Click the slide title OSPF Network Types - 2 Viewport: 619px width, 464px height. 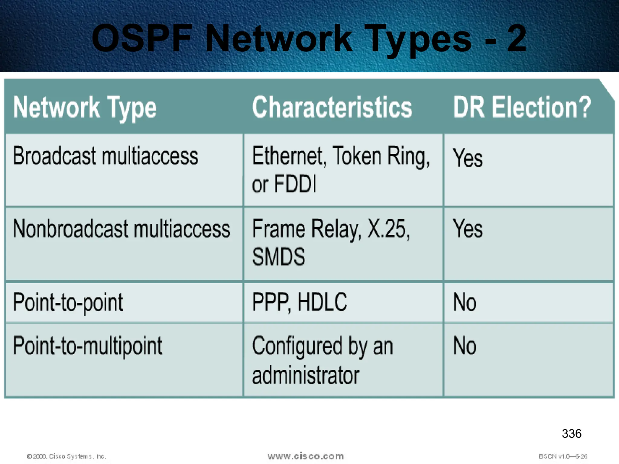[x=309, y=39]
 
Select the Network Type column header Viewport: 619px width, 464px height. [x=85, y=108]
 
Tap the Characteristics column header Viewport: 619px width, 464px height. [x=332, y=107]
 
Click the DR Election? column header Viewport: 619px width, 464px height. [x=522, y=107]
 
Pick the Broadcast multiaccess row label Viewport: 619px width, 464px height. [x=105, y=156]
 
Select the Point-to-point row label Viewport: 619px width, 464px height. [x=68, y=302]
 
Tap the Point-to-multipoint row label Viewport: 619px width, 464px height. [x=87, y=346]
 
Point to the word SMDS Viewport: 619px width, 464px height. [x=279, y=257]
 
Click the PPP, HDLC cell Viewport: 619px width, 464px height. [x=300, y=302]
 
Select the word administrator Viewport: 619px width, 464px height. [x=306, y=375]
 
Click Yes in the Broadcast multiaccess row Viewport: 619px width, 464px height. [x=468, y=158]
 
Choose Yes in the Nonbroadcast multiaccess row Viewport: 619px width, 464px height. [x=468, y=229]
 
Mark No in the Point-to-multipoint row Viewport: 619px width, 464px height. [x=465, y=346]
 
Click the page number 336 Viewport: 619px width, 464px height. [x=572, y=433]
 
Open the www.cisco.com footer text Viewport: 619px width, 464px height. [x=306, y=456]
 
